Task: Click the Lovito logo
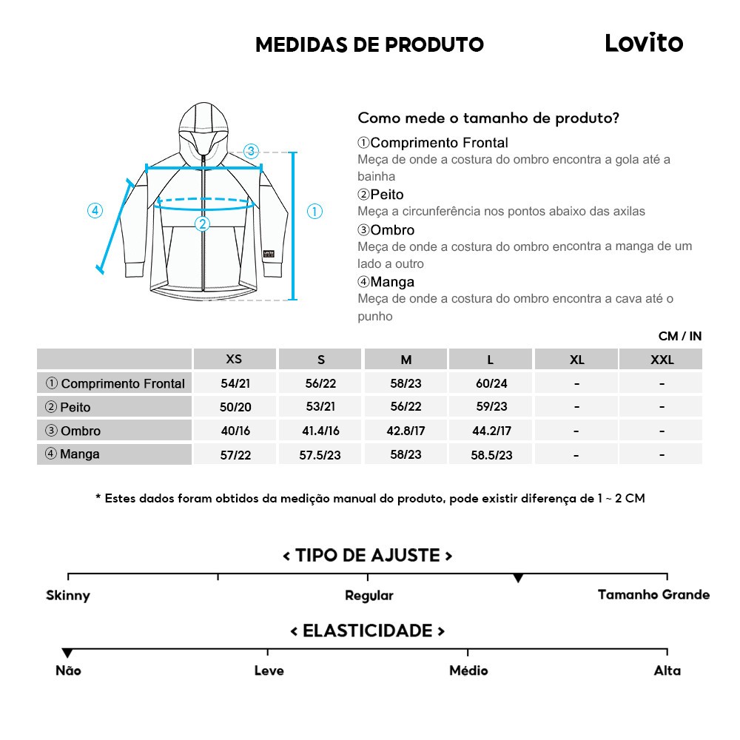[x=644, y=43]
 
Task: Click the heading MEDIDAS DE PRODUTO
[x=369, y=45]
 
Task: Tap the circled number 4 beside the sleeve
[x=95, y=210]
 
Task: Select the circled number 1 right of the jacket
[x=314, y=212]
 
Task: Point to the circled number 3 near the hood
[x=251, y=151]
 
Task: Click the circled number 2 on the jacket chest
[x=202, y=223]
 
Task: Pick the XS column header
[x=234, y=360]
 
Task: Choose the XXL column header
[x=662, y=360]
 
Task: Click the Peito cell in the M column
[x=406, y=407]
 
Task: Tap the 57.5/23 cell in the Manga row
[x=320, y=455]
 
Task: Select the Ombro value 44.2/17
[x=491, y=431]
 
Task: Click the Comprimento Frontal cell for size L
[x=491, y=383]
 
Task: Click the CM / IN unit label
[x=679, y=336]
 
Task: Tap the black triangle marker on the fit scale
[x=518, y=578]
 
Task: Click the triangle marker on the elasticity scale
[x=67, y=653]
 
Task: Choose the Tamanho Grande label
[x=653, y=594]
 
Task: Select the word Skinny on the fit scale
[x=68, y=595]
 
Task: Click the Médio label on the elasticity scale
[x=468, y=670]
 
